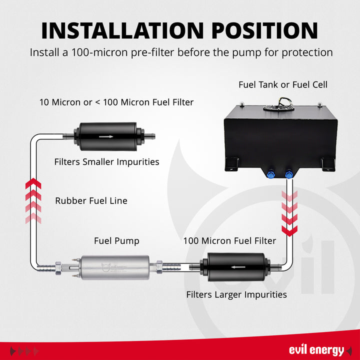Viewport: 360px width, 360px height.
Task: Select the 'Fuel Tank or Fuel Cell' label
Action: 283,84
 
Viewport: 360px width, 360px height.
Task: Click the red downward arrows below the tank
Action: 289,212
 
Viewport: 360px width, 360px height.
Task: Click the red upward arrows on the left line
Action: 33,200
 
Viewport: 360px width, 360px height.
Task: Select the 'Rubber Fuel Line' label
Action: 91,201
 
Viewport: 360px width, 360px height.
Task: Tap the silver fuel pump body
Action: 114,267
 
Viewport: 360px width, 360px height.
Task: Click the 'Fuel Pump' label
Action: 116,241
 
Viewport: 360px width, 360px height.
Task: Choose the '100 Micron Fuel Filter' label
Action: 229,241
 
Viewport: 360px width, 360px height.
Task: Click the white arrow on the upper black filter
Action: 105,136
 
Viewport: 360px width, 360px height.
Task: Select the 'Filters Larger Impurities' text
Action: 236,295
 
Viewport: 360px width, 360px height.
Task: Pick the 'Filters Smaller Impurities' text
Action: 106,162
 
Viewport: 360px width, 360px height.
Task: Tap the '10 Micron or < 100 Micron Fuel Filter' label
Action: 116,102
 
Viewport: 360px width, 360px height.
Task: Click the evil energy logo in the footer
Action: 316,350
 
